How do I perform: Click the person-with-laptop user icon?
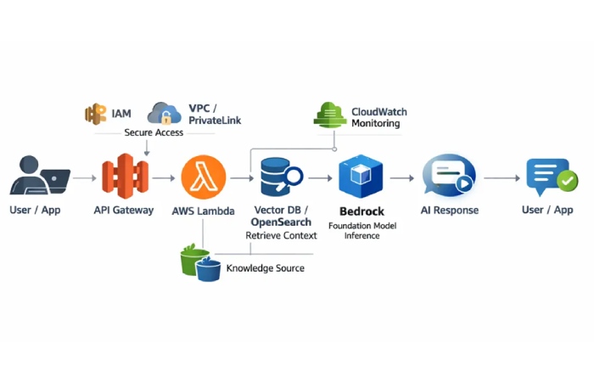(x=39, y=177)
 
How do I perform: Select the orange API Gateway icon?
(x=124, y=177)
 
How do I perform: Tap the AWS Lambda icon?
(x=204, y=177)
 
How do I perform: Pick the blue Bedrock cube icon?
(x=361, y=177)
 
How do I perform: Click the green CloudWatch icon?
(x=329, y=115)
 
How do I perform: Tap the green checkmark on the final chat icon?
(x=566, y=181)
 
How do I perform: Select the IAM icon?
(x=95, y=114)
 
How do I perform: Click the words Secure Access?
(x=153, y=133)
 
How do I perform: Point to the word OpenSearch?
(x=281, y=222)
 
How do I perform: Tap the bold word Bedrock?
(x=361, y=210)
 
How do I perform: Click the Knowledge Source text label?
(x=265, y=268)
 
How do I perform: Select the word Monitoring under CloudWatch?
(x=375, y=124)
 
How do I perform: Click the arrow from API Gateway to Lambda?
(x=164, y=178)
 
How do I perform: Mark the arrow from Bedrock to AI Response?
(x=402, y=178)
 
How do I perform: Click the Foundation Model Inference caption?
(x=361, y=230)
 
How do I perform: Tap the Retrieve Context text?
(x=281, y=235)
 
